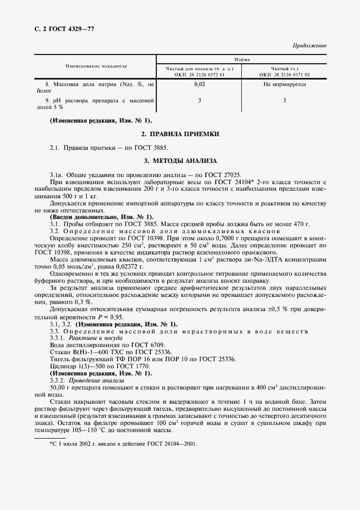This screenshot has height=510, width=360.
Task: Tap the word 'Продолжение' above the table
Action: [x=309, y=45]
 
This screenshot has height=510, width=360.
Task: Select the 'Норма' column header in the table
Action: [x=242, y=59]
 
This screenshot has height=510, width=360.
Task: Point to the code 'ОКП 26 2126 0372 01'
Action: [x=199, y=74]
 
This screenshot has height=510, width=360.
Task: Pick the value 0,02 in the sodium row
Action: [x=199, y=84]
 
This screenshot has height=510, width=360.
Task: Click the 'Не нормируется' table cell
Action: [x=284, y=84]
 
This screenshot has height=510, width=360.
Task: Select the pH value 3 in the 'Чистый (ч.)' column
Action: [x=284, y=100]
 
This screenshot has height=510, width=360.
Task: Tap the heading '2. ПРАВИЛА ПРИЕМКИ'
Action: [x=180, y=133]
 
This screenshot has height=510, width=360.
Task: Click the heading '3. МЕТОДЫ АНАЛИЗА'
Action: [x=180, y=161]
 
